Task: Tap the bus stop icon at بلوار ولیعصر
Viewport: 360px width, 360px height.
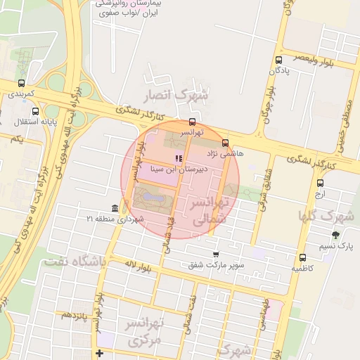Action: tap(279, 60)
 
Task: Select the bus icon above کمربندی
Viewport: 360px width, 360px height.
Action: tap(21, 83)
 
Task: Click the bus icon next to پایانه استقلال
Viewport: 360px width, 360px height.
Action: tap(36, 111)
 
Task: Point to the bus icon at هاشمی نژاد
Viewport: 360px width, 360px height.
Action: tap(225, 143)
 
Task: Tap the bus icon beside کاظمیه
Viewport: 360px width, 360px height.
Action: tap(303, 257)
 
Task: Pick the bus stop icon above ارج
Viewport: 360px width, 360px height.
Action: tap(320, 183)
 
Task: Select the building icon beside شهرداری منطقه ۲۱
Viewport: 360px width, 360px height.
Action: tap(115, 209)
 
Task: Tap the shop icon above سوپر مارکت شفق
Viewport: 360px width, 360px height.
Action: tap(216, 255)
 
